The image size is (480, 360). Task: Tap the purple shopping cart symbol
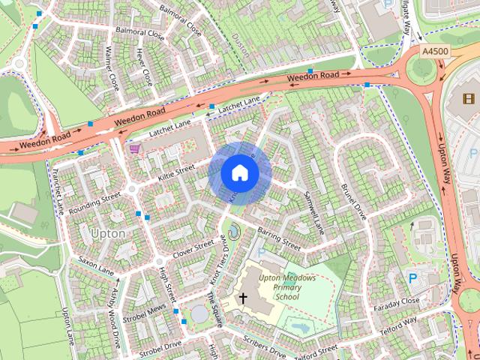[134, 148]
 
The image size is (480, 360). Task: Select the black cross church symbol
[242, 298]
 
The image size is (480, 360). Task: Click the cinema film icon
[469, 98]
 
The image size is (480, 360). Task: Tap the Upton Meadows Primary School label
[286, 287]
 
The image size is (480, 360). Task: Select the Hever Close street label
[144, 67]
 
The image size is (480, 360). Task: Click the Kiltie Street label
[177, 172]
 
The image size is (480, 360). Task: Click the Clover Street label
[193, 248]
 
